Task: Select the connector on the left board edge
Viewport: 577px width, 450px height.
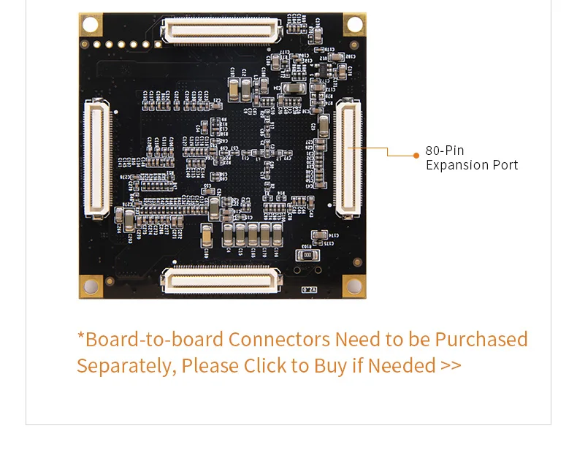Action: point(97,159)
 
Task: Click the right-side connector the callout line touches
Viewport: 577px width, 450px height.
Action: point(348,159)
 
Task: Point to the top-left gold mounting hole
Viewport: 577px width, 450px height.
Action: point(91,24)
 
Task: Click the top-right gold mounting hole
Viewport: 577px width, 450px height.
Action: point(354,24)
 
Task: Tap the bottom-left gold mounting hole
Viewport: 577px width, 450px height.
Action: point(91,286)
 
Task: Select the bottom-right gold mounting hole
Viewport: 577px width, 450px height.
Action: point(354,286)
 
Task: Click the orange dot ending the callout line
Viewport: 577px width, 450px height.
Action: point(416,155)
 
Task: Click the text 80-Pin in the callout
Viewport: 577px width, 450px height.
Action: point(444,150)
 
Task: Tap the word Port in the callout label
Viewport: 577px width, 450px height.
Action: point(505,165)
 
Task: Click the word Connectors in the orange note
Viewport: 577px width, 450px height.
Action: point(279,340)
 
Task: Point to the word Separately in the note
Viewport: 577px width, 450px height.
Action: point(125,365)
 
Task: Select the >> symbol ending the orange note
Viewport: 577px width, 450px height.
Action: point(451,365)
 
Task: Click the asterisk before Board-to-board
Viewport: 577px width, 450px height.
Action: point(81,337)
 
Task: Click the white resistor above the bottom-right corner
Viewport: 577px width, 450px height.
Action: point(302,256)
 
